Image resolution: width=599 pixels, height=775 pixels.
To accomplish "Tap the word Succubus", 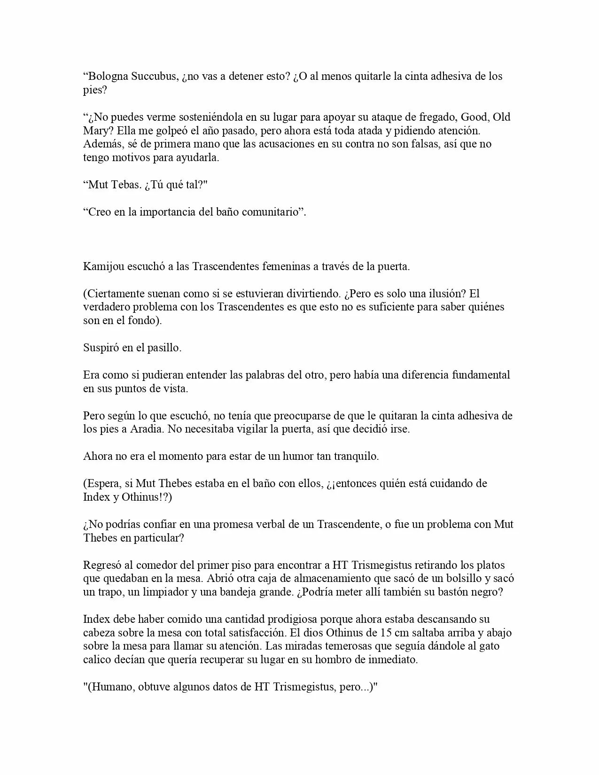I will click(155, 77).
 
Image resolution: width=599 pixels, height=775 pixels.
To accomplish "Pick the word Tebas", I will click(126, 185).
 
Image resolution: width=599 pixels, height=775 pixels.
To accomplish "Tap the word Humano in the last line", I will click(110, 687).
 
